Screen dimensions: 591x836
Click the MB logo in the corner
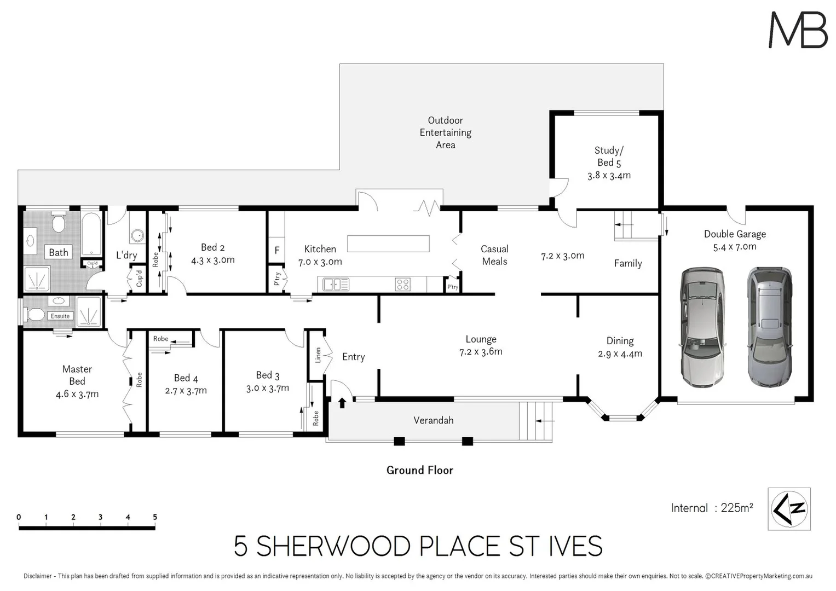coord(798,30)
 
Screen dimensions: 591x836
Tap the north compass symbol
coord(789,509)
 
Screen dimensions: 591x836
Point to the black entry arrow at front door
coord(342,403)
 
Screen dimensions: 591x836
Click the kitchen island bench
coord(388,244)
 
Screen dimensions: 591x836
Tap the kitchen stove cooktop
coord(403,285)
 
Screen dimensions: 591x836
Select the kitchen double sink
coord(336,285)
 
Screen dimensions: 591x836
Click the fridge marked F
coord(277,250)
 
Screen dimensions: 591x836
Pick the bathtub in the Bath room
coord(91,234)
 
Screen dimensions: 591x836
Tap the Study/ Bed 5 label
coord(609,157)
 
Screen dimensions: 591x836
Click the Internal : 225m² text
coord(712,508)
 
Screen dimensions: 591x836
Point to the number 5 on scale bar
coord(155,517)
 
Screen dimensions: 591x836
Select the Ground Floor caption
coord(420,470)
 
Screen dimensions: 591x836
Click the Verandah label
coord(433,420)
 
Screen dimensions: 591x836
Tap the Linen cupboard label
coord(318,355)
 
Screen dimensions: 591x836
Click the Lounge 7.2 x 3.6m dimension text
coord(481,352)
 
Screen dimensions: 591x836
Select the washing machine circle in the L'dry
coord(137,236)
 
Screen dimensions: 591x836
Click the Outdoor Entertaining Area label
coord(445,132)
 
